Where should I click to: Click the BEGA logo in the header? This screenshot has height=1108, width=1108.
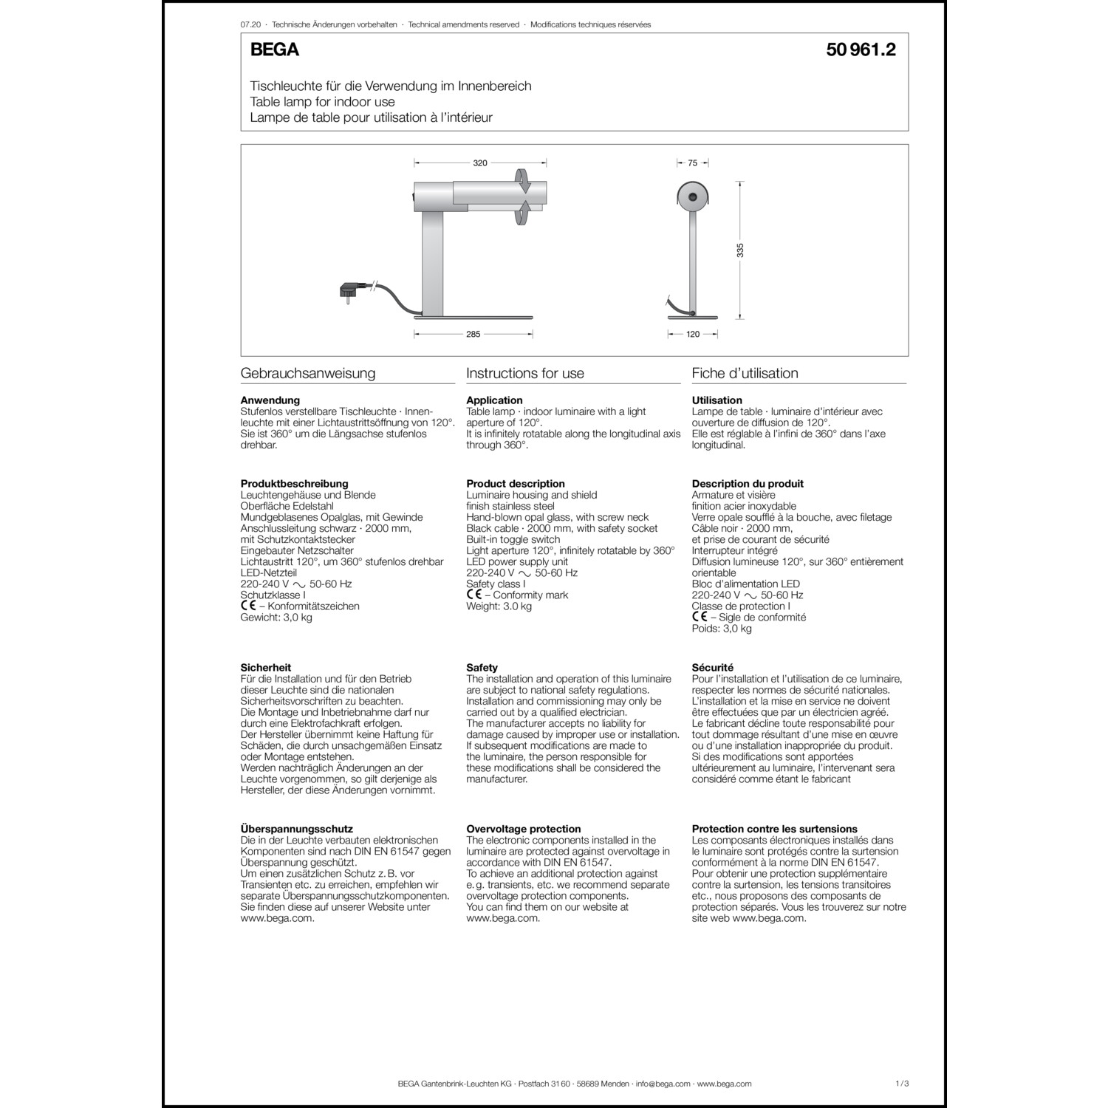(274, 50)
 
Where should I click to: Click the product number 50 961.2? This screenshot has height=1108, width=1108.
(861, 50)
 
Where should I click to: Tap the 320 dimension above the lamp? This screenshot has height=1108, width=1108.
(480, 163)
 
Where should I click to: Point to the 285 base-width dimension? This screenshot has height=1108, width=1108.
(473, 335)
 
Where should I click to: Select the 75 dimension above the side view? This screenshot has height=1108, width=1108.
(693, 163)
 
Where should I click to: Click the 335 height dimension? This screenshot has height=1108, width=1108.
(741, 250)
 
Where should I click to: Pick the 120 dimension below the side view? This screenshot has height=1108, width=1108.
(693, 335)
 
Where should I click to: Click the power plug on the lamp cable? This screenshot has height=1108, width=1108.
(352, 291)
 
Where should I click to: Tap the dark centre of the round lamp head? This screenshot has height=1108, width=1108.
(693, 196)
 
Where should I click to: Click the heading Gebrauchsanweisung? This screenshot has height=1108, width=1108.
(308, 373)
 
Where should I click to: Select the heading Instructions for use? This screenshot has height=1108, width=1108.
(525, 373)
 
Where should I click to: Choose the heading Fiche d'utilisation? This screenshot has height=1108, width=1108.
(745, 373)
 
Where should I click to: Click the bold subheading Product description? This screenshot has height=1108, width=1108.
(516, 484)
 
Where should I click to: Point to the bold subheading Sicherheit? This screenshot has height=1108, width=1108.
(266, 668)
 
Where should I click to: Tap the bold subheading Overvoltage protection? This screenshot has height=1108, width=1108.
(524, 829)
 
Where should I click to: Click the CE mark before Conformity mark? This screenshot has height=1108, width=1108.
(474, 595)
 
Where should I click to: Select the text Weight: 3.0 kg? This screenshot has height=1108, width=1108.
(499, 606)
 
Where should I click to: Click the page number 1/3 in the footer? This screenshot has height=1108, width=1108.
(901, 1084)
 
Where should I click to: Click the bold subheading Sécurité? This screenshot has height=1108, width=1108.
(713, 668)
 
